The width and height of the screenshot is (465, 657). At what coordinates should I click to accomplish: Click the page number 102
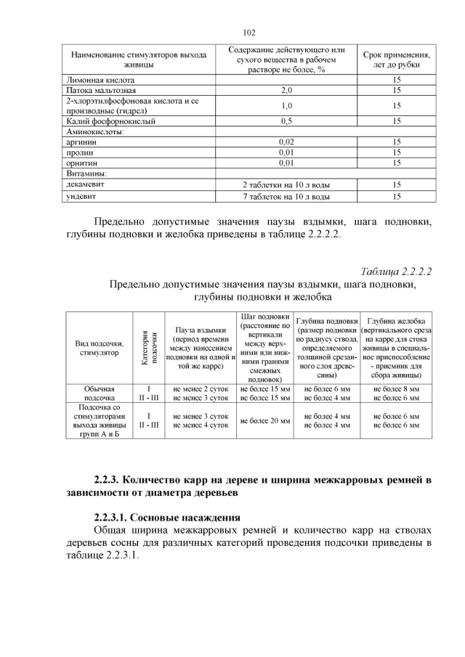point(248,33)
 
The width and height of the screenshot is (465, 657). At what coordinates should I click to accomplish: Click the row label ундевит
point(81,197)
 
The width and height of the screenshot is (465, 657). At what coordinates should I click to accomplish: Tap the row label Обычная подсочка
point(99,393)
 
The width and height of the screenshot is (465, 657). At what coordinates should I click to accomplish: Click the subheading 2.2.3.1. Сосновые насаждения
point(167,518)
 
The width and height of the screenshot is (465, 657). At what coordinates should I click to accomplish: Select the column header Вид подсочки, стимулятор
point(99,348)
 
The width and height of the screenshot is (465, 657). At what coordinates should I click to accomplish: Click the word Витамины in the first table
point(86,174)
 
